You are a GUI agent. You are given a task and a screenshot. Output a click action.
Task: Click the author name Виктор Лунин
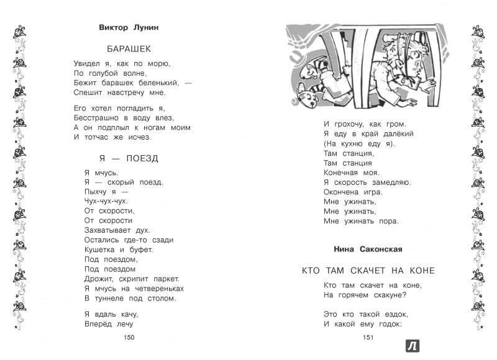(129, 28)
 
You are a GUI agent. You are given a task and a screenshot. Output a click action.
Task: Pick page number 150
(129, 337)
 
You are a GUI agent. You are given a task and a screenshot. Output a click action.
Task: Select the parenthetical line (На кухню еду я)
(359, 143)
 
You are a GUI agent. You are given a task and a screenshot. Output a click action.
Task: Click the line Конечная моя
(350, 172)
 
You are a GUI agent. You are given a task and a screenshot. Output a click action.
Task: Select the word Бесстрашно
(111, 117)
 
